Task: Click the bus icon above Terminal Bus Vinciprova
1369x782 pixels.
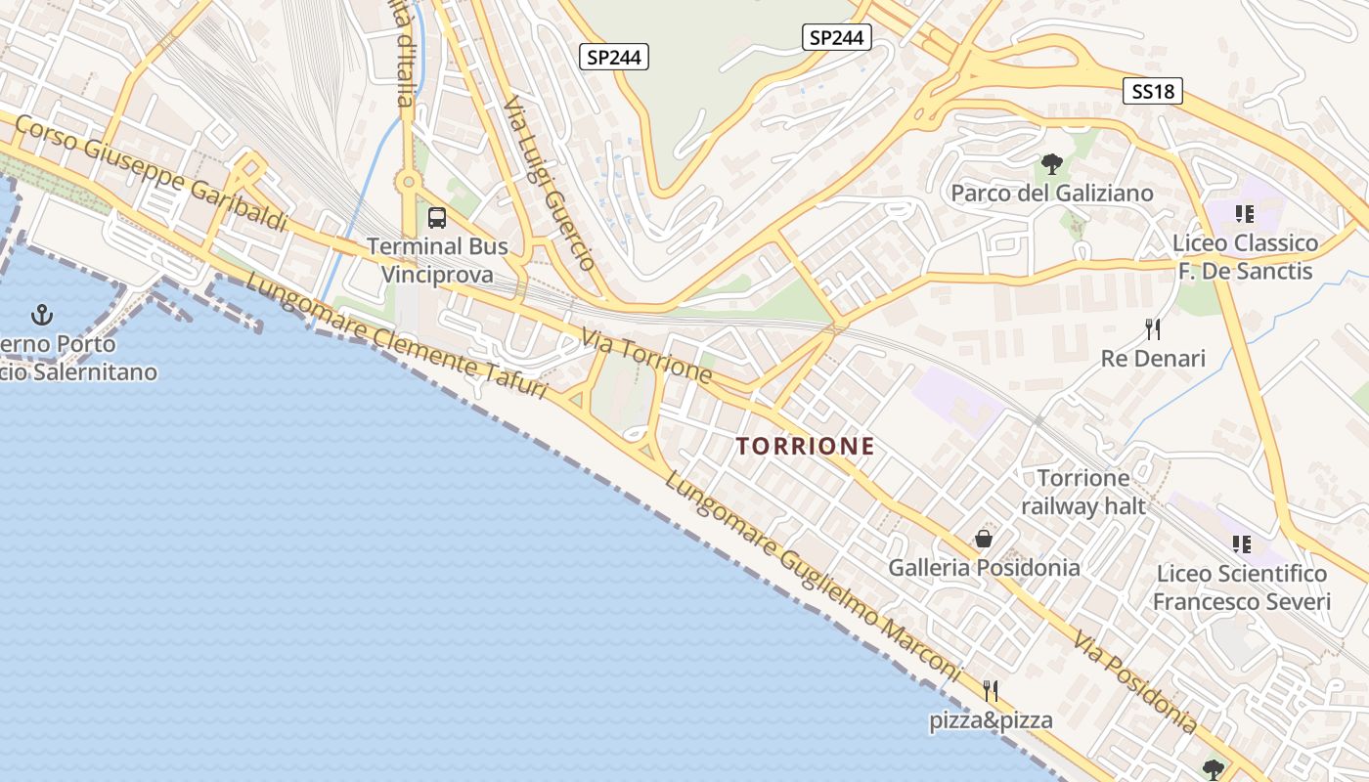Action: (x=437, y=218)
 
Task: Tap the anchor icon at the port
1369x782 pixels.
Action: (x=41, y=315)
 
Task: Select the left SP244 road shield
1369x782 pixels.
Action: (x=614, y=58)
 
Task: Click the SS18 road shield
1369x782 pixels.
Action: (x=1153, y=92)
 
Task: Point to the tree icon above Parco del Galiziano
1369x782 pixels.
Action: (x=1051, y=164)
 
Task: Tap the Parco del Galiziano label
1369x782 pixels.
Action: (x=1052, y=194)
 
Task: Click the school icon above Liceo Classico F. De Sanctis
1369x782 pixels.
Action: (x=1244, y=214)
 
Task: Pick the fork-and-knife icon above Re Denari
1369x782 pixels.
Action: (x=1153, y=329)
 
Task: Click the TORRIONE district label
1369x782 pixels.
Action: (x=805, y=447)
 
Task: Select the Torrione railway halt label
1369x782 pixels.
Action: (x=1082, y=492)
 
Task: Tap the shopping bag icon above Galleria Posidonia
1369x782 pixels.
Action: (x=984, y=539)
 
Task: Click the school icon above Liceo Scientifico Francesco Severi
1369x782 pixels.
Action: (x=1242, y=544)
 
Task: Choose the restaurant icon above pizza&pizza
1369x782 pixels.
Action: (x=991, y=691)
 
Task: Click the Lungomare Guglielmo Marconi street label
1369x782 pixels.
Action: (x=812, y=577)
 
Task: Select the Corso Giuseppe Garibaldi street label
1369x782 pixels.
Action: (x=152, y=174)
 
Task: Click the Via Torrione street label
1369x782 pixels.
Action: (x=646, y=357)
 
